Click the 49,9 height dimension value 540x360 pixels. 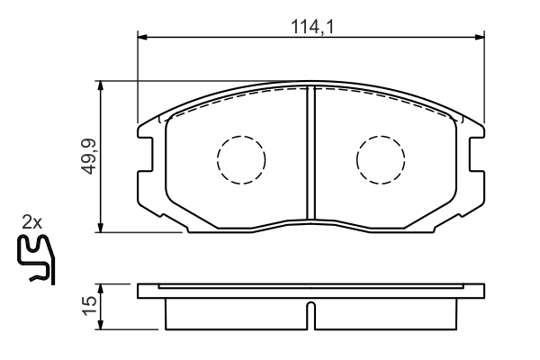[x=88, y=157]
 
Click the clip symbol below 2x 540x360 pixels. [x=37, y=259]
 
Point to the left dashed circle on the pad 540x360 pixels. [x=241, y=159]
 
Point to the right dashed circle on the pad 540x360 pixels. [x=381, y=159]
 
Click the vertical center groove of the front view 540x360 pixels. [x=310, y=153]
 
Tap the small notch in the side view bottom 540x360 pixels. [x=310, y=318]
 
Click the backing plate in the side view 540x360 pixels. [x=310, y=292]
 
